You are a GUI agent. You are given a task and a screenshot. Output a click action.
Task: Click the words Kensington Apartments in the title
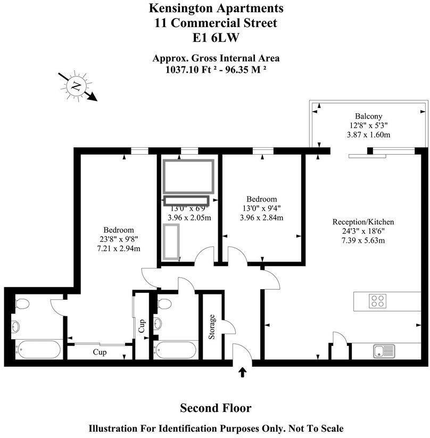[216, 9]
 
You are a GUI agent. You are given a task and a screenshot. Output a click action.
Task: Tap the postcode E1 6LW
[216, 38]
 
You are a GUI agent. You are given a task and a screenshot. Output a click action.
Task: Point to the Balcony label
[369, 116]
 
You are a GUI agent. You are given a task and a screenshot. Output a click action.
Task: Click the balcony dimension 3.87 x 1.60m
[369, 135]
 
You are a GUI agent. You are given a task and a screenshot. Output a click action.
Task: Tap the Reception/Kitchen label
[363, 222]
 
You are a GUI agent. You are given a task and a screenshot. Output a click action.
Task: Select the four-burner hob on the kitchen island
[378, 301]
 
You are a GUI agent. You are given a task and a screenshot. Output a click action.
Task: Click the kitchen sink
[384, 351]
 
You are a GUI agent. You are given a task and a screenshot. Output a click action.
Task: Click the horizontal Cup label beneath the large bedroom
[100, 352]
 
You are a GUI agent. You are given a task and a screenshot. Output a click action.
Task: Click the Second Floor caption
[216, 408]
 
